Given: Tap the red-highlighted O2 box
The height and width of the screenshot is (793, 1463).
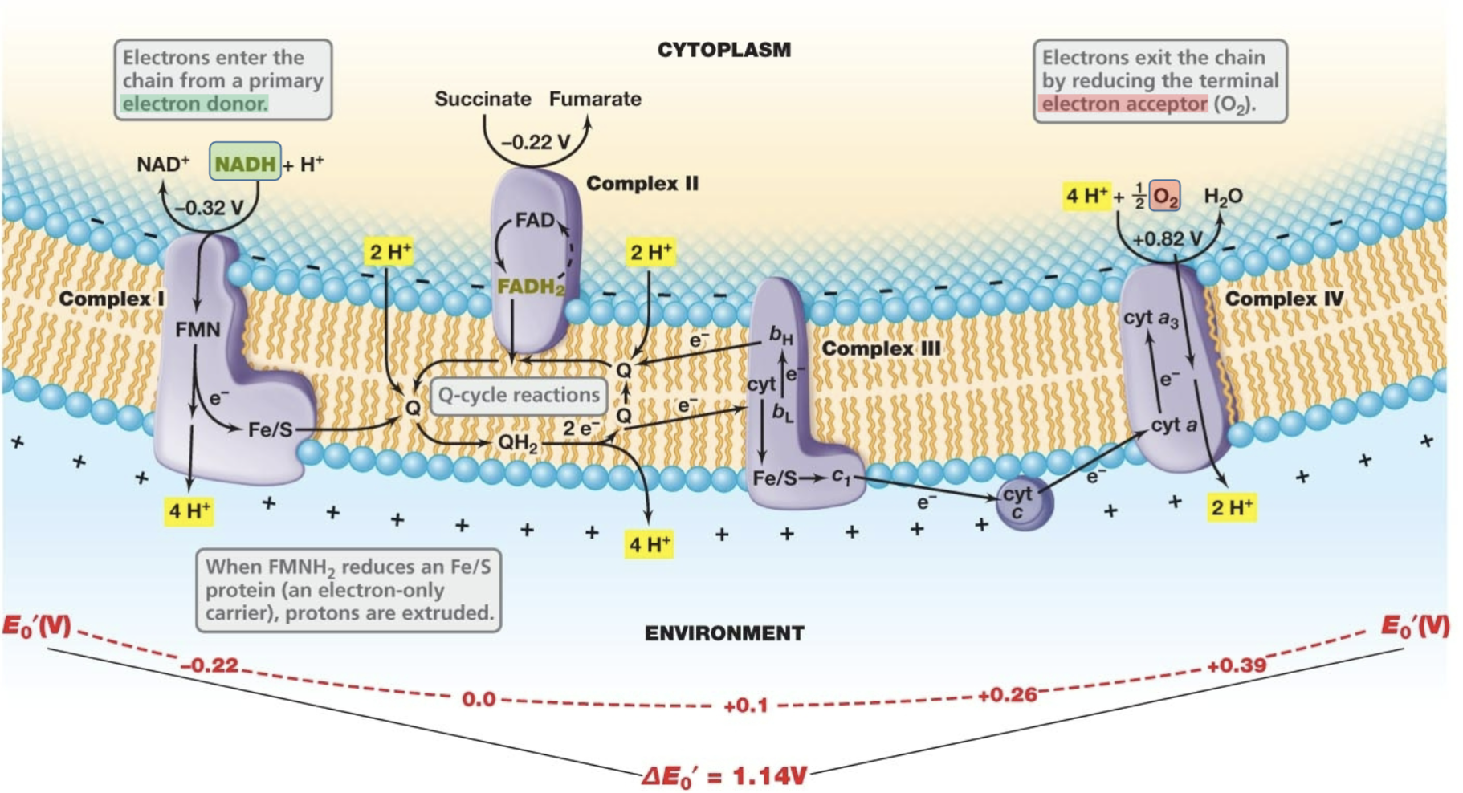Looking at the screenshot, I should coord(1164,196).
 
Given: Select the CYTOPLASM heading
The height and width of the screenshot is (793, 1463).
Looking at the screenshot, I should coord(723,50).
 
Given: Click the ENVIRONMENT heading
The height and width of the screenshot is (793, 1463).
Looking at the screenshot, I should coord(723,633).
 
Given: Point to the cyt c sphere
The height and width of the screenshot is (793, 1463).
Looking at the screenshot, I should coord(1023,502).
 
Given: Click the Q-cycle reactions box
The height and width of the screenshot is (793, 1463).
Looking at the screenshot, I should coord(519,395).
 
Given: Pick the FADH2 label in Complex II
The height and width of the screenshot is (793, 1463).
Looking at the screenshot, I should coord(531,287).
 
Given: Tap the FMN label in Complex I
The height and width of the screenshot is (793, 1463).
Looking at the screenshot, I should coord(198,329).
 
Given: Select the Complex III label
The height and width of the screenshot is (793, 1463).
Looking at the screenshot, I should coord(881,348).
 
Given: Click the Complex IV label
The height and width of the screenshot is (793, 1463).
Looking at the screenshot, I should coord(1283,299).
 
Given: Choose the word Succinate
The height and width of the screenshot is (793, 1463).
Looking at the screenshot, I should coord(483,99).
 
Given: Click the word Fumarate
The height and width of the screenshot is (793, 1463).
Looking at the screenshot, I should coord(595,99).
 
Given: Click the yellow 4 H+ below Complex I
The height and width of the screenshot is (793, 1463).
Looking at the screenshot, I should coord(189,510).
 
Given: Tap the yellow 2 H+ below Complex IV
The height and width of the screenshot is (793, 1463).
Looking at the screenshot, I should coord(1232,507).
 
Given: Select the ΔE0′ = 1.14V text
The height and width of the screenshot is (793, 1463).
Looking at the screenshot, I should coord(723,776).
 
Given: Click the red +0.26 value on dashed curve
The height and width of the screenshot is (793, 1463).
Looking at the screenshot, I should coord(1007,694).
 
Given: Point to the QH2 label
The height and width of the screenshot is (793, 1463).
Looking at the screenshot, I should coord(518,442).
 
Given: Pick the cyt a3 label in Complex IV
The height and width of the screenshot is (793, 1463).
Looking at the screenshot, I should coord(1151,318).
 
